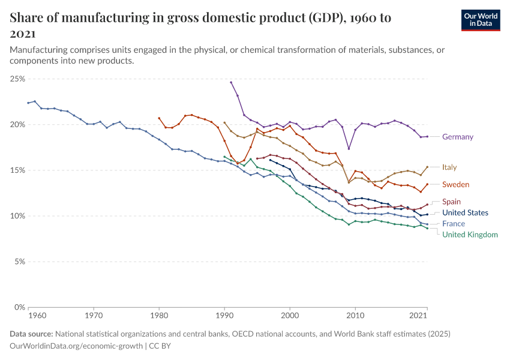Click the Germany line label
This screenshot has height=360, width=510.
click(457, 137)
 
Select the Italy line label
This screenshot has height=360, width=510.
click(451, 167)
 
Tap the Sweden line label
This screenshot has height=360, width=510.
click(455, 184)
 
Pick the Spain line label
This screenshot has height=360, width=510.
click(452, 202)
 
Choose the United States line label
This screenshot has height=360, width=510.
click(465, 213)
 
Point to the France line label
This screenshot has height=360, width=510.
click(453, 224)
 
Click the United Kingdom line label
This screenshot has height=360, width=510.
click(470, 235)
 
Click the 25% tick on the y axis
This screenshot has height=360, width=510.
click(17, 79)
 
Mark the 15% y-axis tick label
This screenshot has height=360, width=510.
click(17, 170)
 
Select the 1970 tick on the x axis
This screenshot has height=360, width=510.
click(93, 315)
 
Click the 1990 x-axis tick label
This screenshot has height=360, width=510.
click(224, 315)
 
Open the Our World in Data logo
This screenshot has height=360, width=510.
click(481, 19)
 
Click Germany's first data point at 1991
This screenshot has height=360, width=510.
click(231, 82)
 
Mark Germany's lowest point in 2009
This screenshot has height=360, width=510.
click(349, 149)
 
